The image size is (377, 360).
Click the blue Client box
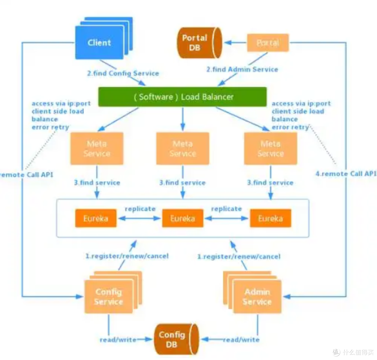coord(99,43)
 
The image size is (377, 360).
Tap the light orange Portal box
coord(268,43)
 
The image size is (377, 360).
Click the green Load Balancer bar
coord(183,97)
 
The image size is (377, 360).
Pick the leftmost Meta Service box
coord(97,149)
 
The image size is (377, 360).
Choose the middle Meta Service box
coord(183,149)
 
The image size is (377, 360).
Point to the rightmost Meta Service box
coord(271,149)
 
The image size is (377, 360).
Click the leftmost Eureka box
coord(96,218)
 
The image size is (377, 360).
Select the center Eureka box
coord(183,218)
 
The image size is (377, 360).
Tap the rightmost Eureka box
coord(271,218)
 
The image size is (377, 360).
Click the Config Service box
coord(109,297)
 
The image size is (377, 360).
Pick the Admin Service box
coord(257,297)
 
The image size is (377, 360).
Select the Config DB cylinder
coord(174,339)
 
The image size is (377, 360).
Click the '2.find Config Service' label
coord(123,73)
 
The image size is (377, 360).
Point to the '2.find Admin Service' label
coord(242,70)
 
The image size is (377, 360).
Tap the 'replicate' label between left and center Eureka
coord(140,209)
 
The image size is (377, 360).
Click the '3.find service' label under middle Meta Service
coord(183,182)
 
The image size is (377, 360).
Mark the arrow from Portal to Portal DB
coord(236,43)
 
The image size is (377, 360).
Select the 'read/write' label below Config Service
coord(118,339)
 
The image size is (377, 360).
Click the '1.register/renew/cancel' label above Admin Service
coord(239,257)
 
